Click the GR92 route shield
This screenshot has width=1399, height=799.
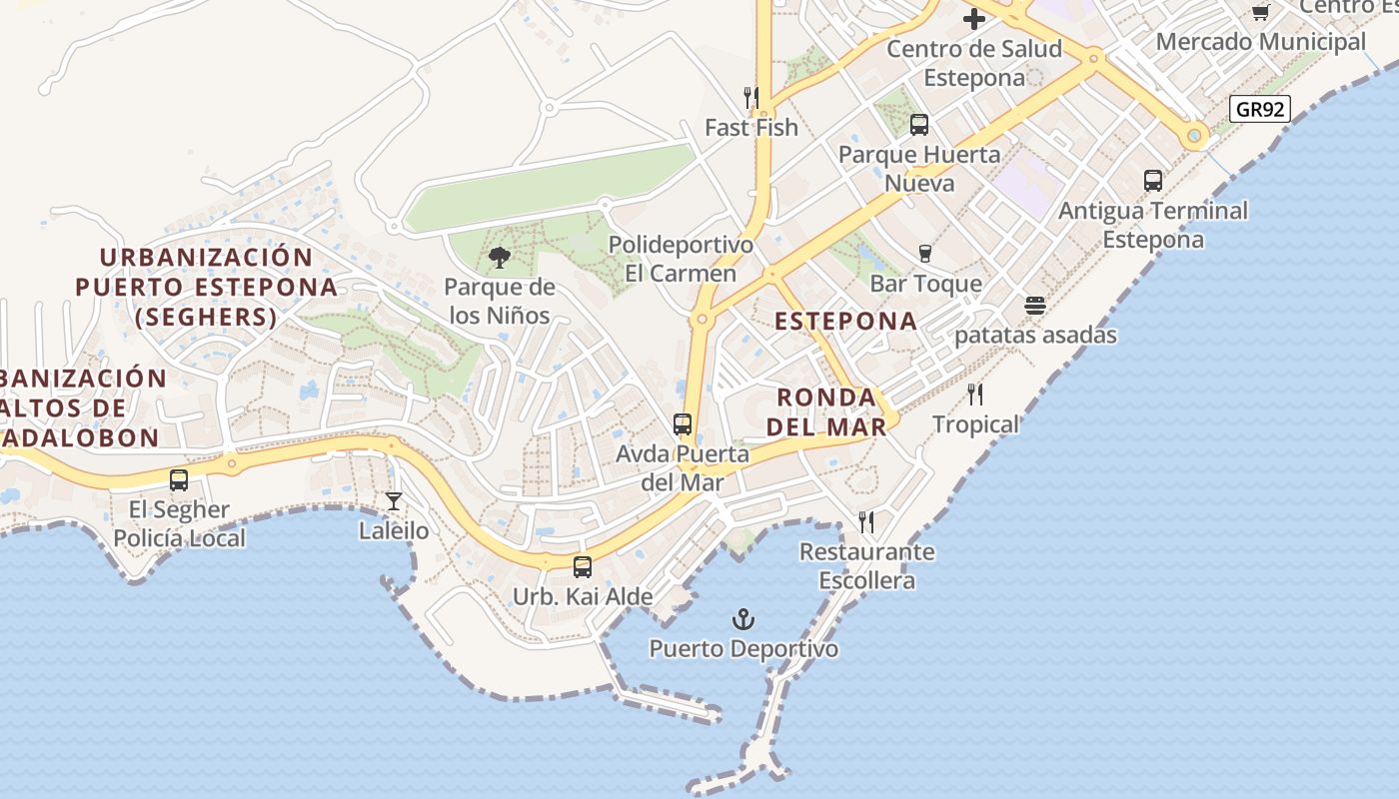[x=1259, y=109]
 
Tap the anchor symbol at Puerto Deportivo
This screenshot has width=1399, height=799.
[x=742, y=619]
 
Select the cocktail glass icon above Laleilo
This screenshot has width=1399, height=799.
[x=394, y=500]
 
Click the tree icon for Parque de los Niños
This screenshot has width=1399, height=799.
[x=499, y=259]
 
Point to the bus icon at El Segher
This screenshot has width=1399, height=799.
[x=179, y=480]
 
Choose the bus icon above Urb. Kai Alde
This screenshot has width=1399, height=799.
[x=582, y=566]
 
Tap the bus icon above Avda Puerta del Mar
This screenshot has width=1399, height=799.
[x=683, y=424]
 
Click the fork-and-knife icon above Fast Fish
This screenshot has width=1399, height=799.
[x=751, y=97]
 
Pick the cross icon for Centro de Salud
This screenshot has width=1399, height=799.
[x=973, y=18]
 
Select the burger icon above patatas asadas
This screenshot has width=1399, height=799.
[x=1035, y=305]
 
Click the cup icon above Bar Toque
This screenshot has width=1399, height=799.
[x=925, y=254]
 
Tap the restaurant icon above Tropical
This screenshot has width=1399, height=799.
[x=975, y=395]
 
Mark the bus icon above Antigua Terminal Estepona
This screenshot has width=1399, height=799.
[x=1153, y=181]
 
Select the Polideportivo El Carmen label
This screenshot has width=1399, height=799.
[x=681, y=259]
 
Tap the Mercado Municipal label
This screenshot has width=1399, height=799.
[x=1260, y=42]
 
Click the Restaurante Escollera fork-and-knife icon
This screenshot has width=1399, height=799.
[x=866, y=521]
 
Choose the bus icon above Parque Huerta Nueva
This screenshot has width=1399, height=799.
[x=919, y=125]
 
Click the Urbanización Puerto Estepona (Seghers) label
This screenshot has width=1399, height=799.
[x=206, y=287]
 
